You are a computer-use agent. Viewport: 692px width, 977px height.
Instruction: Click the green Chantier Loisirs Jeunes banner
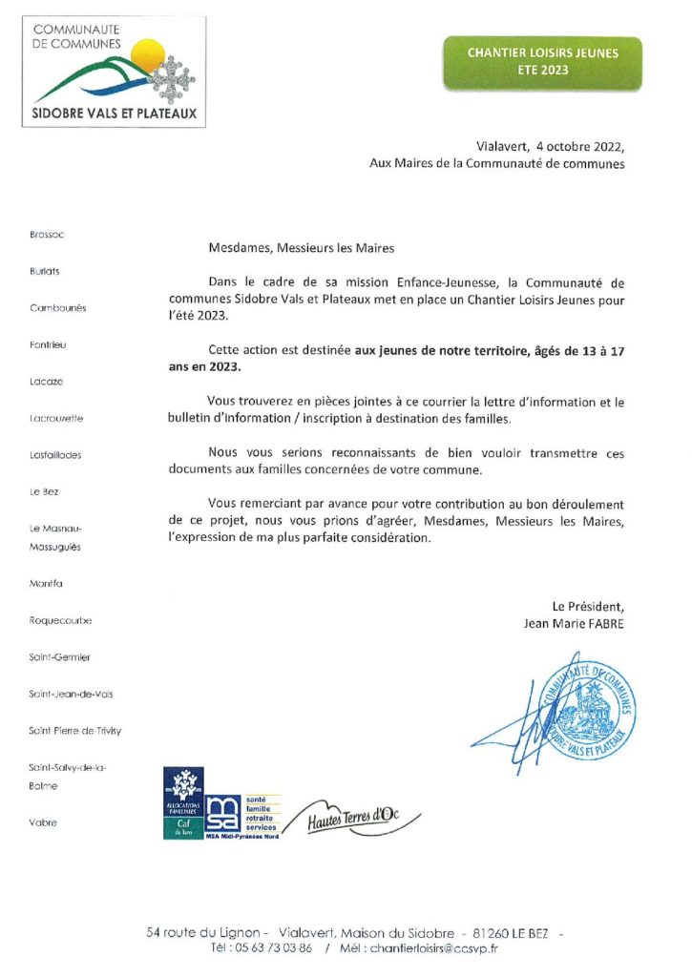click(542, 62)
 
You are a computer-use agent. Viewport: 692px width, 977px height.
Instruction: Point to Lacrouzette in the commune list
click(56, 418)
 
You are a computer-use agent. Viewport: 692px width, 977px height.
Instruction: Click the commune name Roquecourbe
click(60, 619)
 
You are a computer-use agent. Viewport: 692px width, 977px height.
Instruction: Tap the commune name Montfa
click(46, 582)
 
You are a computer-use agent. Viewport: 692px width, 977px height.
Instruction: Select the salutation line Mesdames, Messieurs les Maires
click(301, 247)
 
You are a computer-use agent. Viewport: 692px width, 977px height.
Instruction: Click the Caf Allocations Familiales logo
click(182, 802)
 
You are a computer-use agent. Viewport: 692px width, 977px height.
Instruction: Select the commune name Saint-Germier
click(59, 656)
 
